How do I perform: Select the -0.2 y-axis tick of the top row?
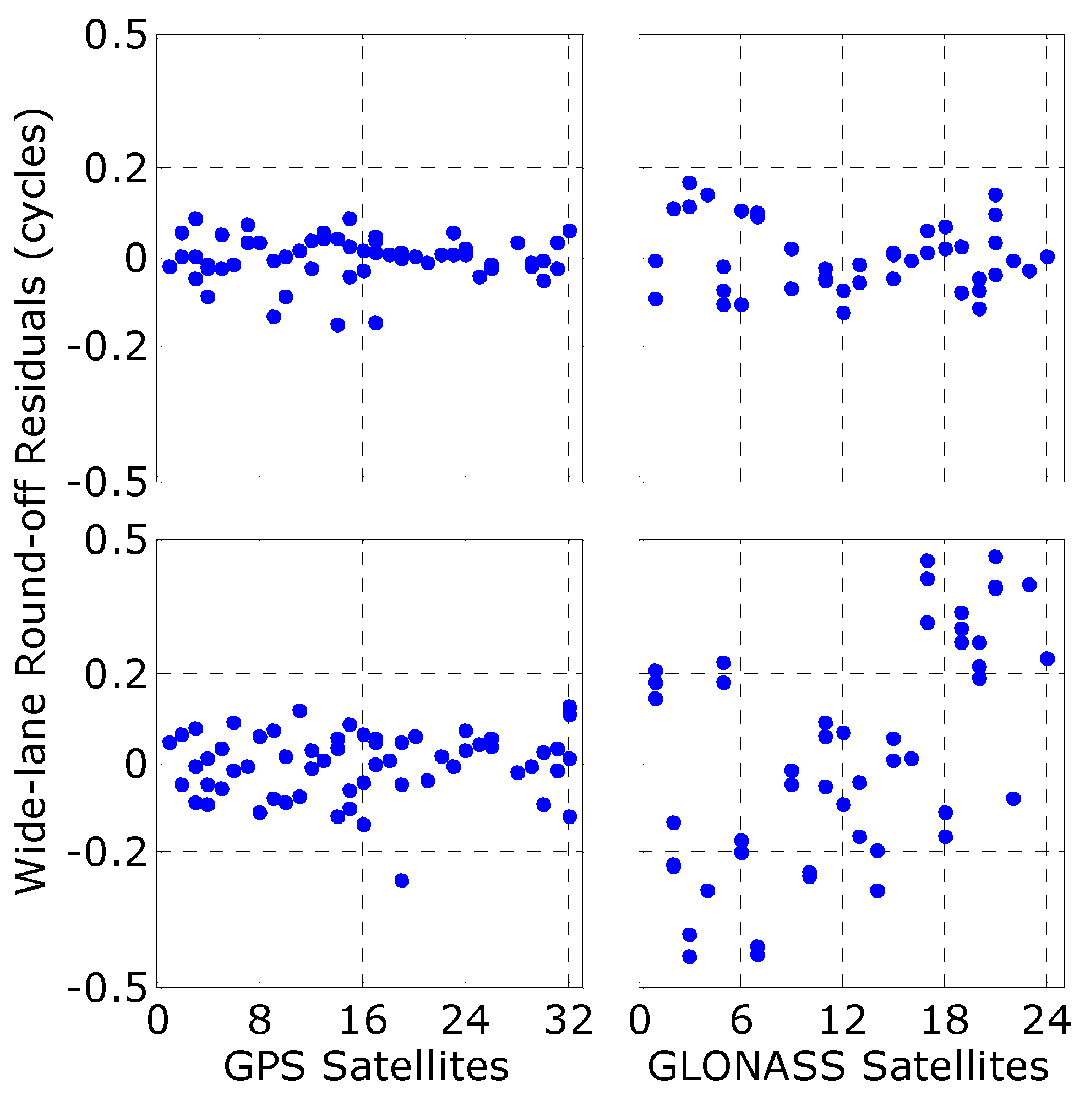108,346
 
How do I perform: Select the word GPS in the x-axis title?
264,1067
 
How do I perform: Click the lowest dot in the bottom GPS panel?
402,880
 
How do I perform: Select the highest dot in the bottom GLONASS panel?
995,557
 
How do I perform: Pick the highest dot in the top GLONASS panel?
690,183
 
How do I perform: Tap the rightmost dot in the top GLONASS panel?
1048,257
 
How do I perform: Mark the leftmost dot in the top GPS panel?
170,266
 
